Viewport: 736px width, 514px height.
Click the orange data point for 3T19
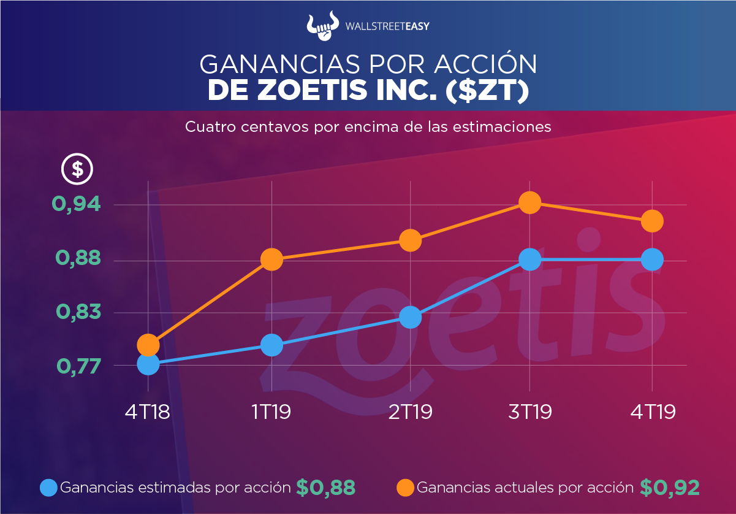(x=529, y=202)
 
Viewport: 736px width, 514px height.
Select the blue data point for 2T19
(x=410, y=317)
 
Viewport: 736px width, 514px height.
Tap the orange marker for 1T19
(x=271, y=259)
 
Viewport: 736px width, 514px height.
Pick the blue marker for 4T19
(x=652, y=259)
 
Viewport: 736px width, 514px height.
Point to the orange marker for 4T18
(x=148, y=345)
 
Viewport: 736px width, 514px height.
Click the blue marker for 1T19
(x=271, y=345)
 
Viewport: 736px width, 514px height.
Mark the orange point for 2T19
(x=410, y=240)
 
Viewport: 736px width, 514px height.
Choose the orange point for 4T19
(x=652, y=221)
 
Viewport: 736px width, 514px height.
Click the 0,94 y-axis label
(x=78, y=204)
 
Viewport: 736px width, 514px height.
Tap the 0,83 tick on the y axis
(x=78, y=313)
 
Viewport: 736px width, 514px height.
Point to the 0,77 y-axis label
(x=78, y=366)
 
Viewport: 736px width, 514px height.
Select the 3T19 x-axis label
(x=529, y=412)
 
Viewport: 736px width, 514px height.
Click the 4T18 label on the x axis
(x=148, y=412)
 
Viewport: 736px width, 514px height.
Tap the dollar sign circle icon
(x=78, y=168)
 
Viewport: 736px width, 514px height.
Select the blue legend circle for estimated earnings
(x=48, y=488)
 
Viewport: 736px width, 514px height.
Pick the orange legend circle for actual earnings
(x=405, y=488)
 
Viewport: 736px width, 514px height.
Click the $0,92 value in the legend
(x=669, y=488)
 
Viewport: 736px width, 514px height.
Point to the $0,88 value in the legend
(x=325, y=488)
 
